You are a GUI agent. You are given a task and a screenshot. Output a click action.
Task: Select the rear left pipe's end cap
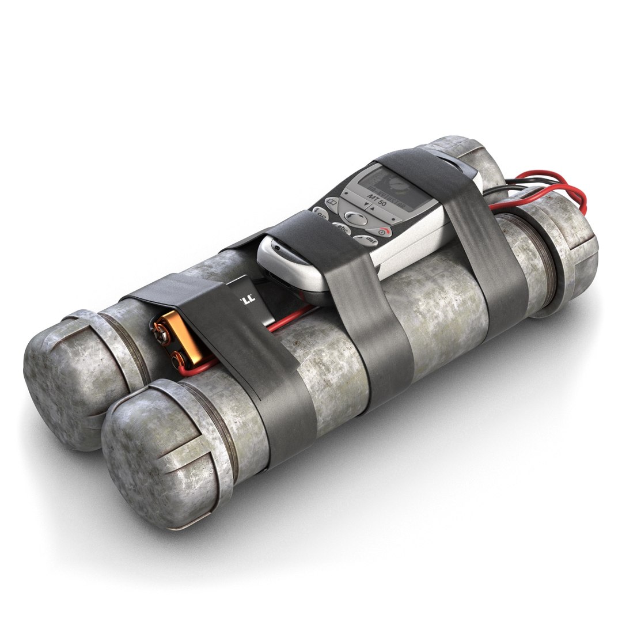click(63, 374)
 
